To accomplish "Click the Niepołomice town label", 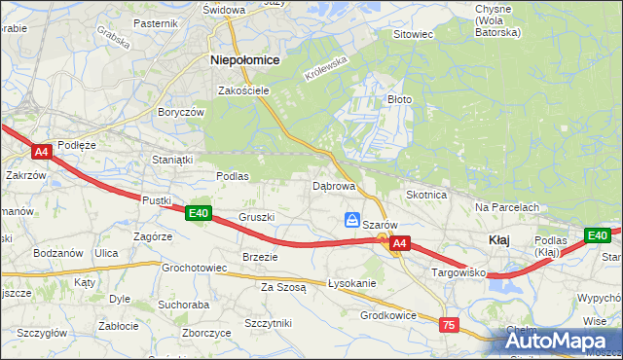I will [x=245, y=59].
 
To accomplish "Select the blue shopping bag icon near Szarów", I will [x=353, y=220].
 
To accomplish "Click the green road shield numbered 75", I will [x=449, y=325].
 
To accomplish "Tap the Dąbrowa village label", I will [x=333, y=185].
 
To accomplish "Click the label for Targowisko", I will [x=458, y=273].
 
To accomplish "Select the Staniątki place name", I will [x=173, y=158].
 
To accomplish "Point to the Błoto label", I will [x=400, y=99].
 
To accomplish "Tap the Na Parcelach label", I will [x=507, y=207].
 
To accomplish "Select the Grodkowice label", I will [x=388, y=315].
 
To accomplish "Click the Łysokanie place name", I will [x=351, y=283].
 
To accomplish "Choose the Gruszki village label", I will [x=257, y=217].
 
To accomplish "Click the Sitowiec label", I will [x=412, y=34].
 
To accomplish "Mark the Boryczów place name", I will [x=180, y=112].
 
